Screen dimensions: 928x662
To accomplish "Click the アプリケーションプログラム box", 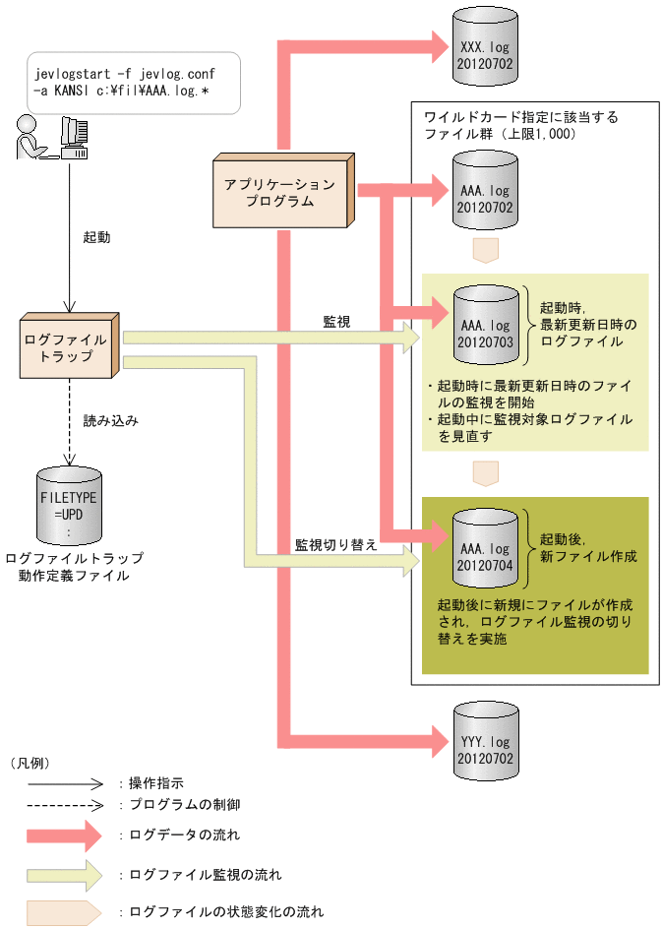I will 281,192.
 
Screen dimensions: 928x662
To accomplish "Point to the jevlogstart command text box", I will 126,82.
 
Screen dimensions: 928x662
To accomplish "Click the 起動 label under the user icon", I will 96,237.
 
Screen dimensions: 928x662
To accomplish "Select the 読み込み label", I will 109,420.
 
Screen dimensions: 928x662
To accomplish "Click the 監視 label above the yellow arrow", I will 336,321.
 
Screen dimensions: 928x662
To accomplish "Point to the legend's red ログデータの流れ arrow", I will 64,835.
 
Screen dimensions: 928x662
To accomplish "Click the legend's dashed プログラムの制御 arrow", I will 64,804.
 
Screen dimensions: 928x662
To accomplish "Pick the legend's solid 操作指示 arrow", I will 64,784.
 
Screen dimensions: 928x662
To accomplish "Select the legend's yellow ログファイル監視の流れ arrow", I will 64,873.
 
